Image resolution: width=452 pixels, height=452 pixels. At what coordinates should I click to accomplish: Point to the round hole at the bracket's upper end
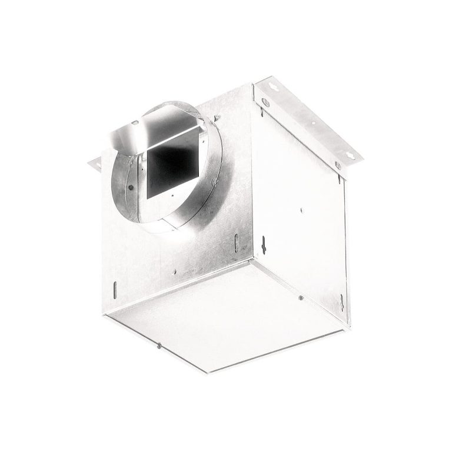265,102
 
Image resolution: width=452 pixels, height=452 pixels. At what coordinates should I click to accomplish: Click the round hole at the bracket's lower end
338,165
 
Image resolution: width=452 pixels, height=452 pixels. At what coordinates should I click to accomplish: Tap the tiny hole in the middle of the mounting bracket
313,124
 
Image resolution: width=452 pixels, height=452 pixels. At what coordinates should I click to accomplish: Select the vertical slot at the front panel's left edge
115,288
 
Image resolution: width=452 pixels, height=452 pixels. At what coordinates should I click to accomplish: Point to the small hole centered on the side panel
301,208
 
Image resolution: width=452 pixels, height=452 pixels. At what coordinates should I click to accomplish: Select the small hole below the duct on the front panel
175,272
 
